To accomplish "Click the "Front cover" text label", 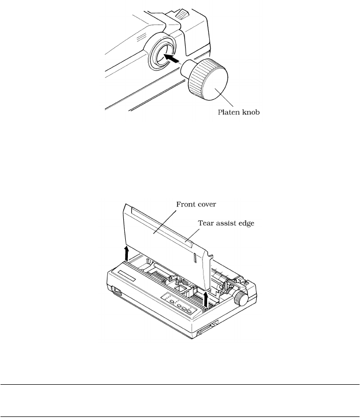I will [195, 203].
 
